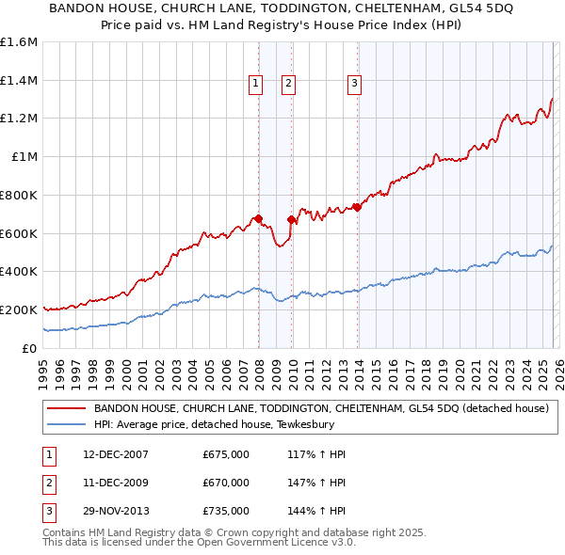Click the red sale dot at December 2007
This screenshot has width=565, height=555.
(258, 219)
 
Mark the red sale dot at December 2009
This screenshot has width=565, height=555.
(291, 220)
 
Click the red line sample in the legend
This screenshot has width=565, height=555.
(66, 409)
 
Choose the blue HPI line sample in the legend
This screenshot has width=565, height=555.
(66, 425)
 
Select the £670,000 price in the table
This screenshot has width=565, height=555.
(226, 483)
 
